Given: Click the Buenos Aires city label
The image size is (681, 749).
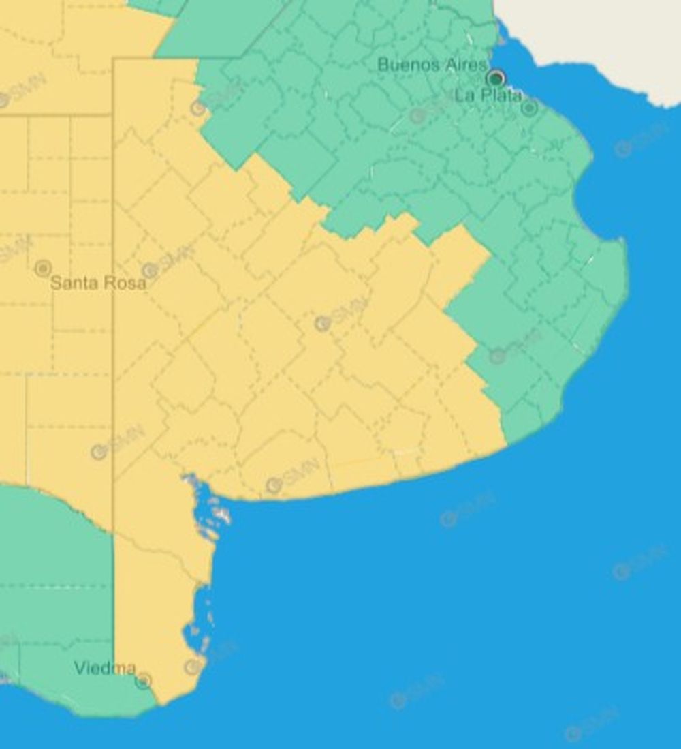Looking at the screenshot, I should pos(432,65).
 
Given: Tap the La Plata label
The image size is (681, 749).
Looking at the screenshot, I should pos(488,95).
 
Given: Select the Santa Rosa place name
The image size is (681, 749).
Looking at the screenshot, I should pos(99,283).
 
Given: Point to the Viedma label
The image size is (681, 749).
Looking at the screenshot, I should pos(105,668).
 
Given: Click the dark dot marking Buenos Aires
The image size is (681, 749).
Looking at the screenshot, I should pos(495,78).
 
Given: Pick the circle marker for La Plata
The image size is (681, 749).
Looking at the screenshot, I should pos(529,108).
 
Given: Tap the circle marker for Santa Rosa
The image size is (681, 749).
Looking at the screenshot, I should pos(43,268).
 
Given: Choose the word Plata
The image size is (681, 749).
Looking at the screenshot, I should pos(499,95).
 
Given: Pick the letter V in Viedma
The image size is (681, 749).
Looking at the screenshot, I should pos(79,668).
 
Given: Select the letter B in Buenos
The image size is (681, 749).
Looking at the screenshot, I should pos(383,65).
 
